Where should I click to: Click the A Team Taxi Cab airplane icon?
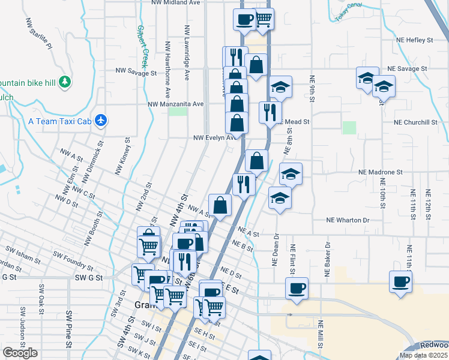[x=101, y=121]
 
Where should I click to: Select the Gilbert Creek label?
[x=142, y=46]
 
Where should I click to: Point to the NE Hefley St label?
[x=414, y=40]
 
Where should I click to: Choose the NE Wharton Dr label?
[x=349, y=220]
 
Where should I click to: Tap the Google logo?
[x=20, y=353]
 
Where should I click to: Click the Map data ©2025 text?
[x=424, y=355]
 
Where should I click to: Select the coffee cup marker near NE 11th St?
[x=401, y=281]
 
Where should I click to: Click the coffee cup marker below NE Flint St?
[x=297, y=287]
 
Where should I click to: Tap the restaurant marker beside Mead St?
[x=270, y=112]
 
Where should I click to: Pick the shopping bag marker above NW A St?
[x=220, y=204]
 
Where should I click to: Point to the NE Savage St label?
[x=406, y=69]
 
